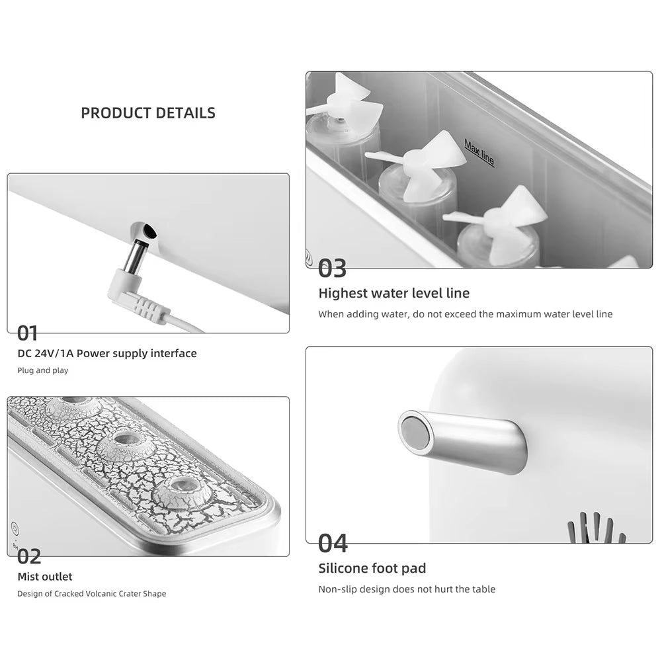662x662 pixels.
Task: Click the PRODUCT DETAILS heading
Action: [x=148, y=113]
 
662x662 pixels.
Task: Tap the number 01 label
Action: [x=28, y=333]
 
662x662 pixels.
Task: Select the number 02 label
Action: [x=29, y=556]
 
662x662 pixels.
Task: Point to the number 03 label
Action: [x=332, y=269]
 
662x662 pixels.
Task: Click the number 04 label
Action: [x=333, y=543]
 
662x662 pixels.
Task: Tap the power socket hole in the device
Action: [x=149, y=231]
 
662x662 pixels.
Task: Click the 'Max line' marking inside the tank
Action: [x=479, y=153]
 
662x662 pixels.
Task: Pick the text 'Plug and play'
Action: [x=43, y=370]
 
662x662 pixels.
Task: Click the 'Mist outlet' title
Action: [x=45, y=577]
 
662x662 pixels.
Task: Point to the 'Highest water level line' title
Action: [x=393, y=293]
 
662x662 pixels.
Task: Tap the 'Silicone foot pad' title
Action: [x=372, y=568]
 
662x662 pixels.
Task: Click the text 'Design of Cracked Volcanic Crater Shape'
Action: [x=91, y=593]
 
